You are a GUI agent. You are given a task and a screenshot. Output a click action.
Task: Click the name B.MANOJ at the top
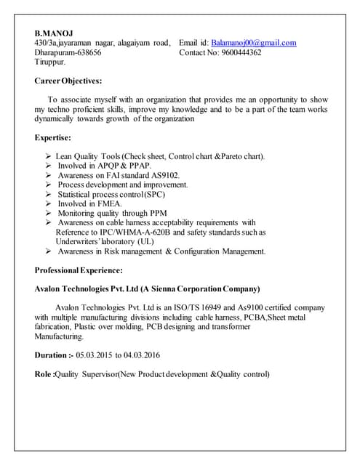[54, 33]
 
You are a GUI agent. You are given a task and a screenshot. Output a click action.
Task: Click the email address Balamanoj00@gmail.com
[254, 44]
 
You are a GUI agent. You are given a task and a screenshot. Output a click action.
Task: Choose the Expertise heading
[53, 137]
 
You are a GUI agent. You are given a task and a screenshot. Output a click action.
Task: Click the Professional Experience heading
[79, 270]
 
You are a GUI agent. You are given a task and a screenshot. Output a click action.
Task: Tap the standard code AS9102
[164, 175]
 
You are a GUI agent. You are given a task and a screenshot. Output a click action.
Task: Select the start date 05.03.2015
[99, 355]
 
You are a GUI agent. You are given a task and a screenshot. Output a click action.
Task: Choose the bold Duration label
[55, 355]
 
